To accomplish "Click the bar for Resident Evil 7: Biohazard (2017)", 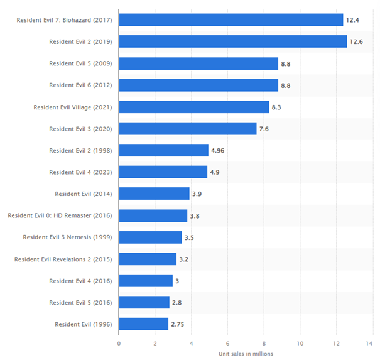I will pyautogui.click(x=231, y=20).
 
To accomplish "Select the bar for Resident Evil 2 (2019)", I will pyautogui.click(x=232, y=41).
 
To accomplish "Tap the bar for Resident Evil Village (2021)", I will pyautogui.click(x=193, y=107).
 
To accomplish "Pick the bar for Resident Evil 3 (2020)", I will pyautogui.click(x=187, y=129).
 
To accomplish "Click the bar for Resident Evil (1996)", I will pyautogui.click(x=143, y=324).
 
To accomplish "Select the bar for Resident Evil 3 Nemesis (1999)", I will pyautogui.click(x=150, y=237).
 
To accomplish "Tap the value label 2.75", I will pyautogui.click(x=179, y=325).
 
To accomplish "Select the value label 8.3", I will pyautogui.click(x=276, y=107).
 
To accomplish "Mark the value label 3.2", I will pyautogui.click(x=184, y=259).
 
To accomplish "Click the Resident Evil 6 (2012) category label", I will pyautogui.click(x=80, y=85).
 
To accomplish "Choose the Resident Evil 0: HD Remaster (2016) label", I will pyautogui.click(x=60, y=215).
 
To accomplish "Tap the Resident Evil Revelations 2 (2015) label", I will pyautogui.click(x=63, y=259).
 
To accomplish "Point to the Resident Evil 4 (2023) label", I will pyautogui.click(x=80, y=172).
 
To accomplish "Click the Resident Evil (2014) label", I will pyautogui.click(x=84, y=194).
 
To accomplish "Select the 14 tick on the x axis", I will pyautogui.click(x=372, y=342).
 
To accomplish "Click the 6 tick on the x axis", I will pyautogui.click(x=227, y=342).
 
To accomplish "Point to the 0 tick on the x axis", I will pyautogui.click(x=119, y=342).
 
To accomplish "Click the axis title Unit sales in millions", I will pyautogui.click(x=246, y=353).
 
